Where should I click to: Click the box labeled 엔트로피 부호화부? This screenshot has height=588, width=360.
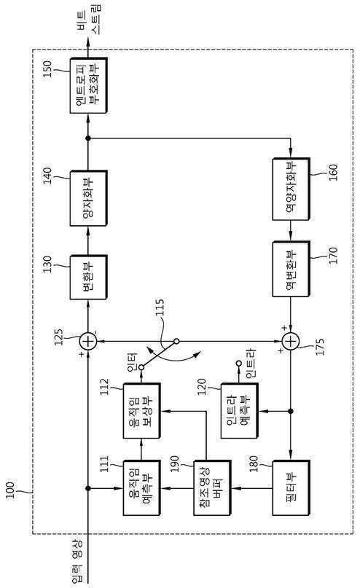[x=88, y=85]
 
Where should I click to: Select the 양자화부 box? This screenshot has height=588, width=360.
[x=88, y=198]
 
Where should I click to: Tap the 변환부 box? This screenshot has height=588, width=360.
[x=88, y=278]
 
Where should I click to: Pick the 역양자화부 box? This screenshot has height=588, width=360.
[x=291, y=189]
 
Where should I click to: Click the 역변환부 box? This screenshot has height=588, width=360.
[x=291, y=270]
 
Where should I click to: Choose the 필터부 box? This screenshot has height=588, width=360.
[x=291, y=488]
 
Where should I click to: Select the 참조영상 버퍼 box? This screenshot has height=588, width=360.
[x=212, y=488]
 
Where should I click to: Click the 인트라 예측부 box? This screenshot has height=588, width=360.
[x=239, y=411]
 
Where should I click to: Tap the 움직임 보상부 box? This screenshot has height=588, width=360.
[x=142, y=411]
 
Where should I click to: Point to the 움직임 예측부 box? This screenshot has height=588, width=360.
[x=142, y=488]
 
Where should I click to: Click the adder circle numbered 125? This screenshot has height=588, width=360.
[x=88, y=342]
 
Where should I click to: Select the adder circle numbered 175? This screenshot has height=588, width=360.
[x=291, y=342]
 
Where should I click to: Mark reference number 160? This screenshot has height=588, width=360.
[x=333, y=173]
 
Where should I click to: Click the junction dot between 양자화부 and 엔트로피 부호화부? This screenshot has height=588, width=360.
[x=88, y=138]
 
